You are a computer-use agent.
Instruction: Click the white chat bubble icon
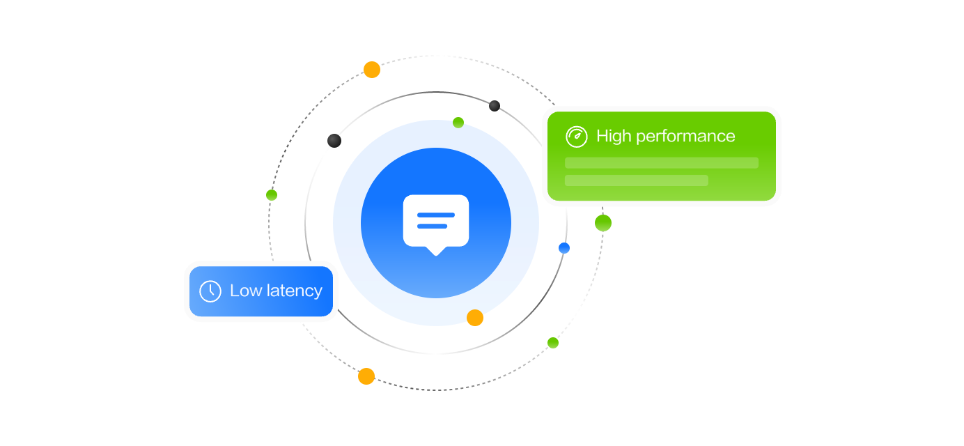click(436, 221)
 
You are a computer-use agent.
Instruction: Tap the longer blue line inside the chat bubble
click(436, 215)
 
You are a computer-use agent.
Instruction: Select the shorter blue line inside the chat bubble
click(432, 226)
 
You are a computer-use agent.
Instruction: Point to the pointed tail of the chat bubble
click(436, 251)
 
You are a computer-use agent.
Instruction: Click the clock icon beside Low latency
click(210, 291)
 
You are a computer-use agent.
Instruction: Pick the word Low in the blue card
click(244, 291)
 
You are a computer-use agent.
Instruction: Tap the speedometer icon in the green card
click(577, 137)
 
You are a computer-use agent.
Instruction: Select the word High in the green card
click(613, 136)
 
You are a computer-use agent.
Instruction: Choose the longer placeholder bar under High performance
click(661, 163)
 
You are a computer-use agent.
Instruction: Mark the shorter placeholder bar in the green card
click(636, 180)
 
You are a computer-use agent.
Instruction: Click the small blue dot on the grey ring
click(564, 248)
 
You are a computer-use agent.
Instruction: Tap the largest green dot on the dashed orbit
click(603, 223)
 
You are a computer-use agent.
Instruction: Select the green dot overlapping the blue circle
click(458, 123)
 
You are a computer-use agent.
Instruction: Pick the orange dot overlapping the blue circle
click(475, 318)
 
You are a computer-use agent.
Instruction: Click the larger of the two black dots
click(334, 141)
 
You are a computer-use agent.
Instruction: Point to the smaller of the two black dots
click(495, 106)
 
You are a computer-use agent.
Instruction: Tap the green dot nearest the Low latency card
click(272, 195)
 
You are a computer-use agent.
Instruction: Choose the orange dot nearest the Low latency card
click(366, 376)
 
